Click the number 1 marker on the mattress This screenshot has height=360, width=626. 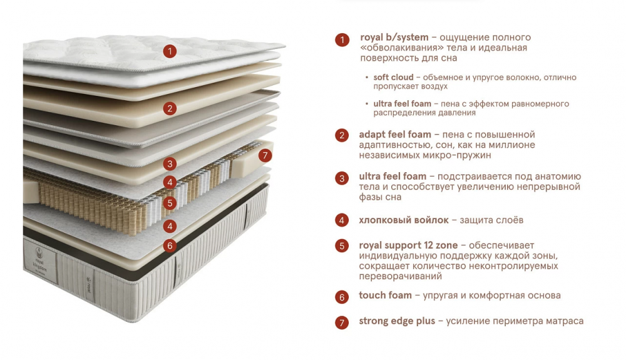(x=170, y=51)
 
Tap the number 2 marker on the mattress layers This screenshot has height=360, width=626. (x=170, y=108)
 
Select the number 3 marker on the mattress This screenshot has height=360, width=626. (x=170, y=163)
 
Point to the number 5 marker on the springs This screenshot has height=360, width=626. (x=170, y=203)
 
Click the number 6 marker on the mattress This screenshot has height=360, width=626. (x=170, y=245)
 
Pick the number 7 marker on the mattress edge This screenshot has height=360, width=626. (x=265, y=155)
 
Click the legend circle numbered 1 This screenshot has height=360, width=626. (x=342, y=39)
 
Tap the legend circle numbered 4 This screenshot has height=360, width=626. (x=342, y=220)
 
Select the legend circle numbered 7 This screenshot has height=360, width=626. (x=342, y=322)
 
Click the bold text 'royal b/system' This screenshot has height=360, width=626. (x=394, y=38)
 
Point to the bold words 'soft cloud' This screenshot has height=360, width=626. (x=393, y=78)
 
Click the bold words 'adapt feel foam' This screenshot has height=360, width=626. (x=395, y=135)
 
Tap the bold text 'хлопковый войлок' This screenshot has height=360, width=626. (x=404, y=220)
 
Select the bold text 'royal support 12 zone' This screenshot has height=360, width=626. (x=408, y=245)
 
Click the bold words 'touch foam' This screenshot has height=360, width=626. (x=385, y=296)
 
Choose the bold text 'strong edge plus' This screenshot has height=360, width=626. (x=397, y=321)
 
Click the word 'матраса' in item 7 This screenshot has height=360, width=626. (x=564, y=321)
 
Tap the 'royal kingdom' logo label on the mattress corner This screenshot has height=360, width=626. (x=40, y=262)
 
